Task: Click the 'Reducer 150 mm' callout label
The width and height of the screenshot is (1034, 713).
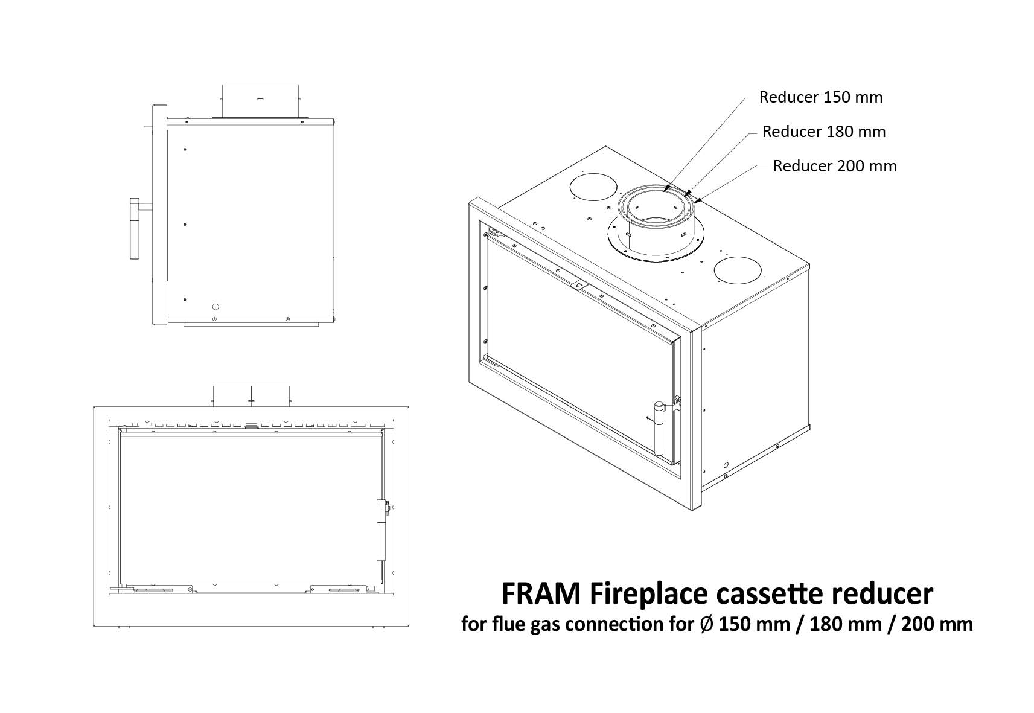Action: coord(821,97)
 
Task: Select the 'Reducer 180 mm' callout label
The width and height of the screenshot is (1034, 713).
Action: coord(824,132)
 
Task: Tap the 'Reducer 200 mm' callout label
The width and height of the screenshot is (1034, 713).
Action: coord(835,166)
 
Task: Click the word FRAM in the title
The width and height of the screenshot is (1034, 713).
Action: coord(541,594)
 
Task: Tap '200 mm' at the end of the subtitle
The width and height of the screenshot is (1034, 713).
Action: coord(937,625)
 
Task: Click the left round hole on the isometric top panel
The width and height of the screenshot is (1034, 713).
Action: coord(593,187)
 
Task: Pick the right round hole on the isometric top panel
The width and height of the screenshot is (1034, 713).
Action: coord(738,270)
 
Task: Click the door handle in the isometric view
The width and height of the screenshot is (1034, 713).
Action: coord(659,427)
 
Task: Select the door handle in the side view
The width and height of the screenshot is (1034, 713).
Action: coord(135,229)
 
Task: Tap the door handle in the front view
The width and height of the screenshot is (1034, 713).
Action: coord(381,529)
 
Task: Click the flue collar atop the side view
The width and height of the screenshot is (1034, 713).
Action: coord(260,101)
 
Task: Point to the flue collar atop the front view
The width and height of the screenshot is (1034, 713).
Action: coord(251,396)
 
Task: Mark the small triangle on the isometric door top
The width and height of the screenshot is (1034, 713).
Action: coord(576,286)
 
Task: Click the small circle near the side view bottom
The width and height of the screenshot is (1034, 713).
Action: coord(215,307)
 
